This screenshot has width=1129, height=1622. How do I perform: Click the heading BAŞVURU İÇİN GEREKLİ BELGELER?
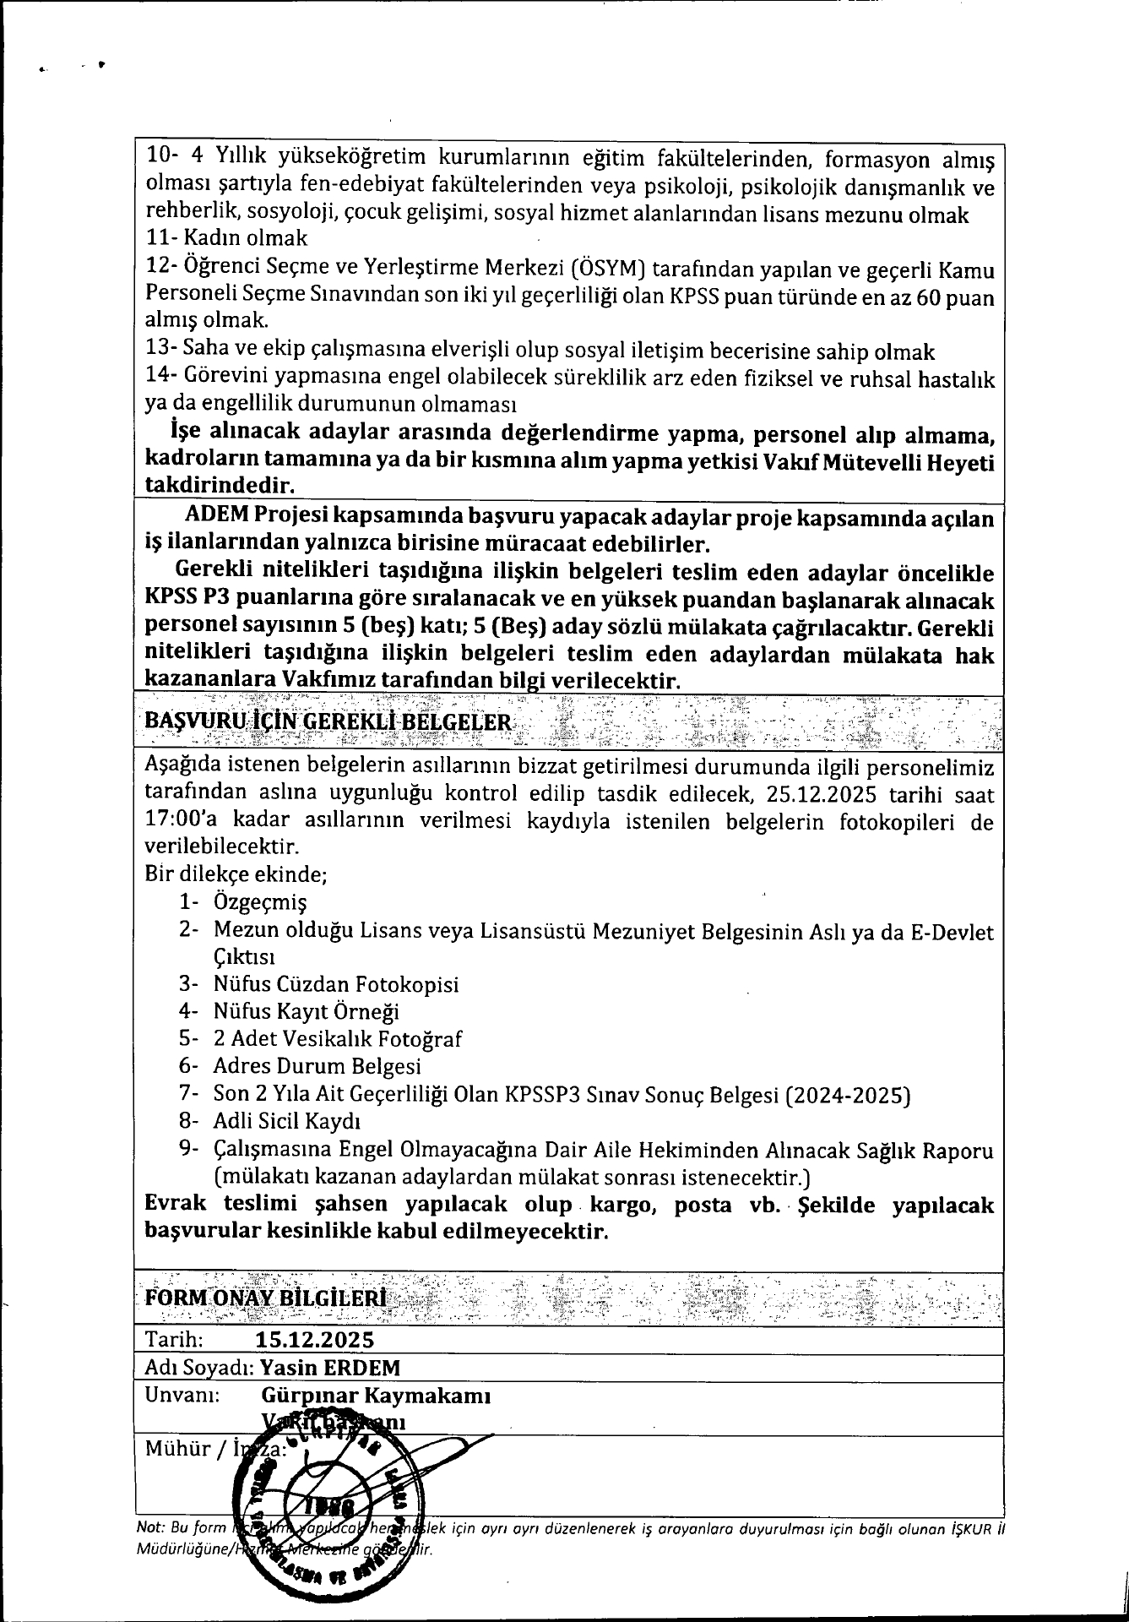(328, 721)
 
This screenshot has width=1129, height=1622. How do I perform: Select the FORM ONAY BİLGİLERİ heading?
(266, 1297)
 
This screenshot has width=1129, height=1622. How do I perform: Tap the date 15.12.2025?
(315, 1340)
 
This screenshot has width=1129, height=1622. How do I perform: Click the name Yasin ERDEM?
(330, 1368)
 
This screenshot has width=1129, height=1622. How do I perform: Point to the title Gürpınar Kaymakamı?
(377, 1395)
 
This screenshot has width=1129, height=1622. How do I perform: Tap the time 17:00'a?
(179, 822)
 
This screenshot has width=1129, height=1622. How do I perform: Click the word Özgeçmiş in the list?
(260, 901)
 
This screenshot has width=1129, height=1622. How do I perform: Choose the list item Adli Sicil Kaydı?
(287, 1122)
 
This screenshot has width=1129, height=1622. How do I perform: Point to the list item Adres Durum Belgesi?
(317, 1067)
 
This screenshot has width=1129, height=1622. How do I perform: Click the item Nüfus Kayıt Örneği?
(306, 1012)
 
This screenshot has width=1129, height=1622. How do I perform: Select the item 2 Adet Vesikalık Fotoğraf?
(337, 1039)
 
